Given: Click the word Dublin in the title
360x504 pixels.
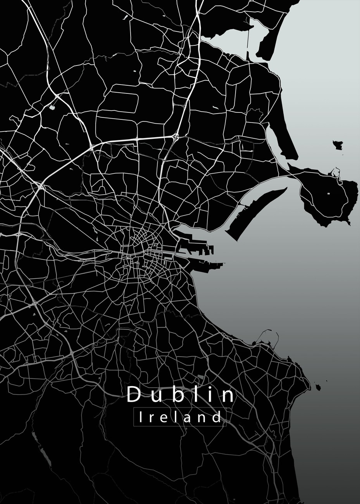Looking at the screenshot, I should pos(181,395).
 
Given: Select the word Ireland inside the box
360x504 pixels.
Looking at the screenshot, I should pos(180,418).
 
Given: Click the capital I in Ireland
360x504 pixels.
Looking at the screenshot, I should pos(141,417).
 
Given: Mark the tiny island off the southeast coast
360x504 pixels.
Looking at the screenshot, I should pos(318,387).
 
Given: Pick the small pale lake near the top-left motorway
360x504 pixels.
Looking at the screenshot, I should pos(52,107).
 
